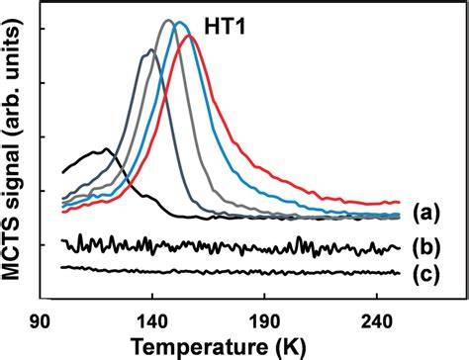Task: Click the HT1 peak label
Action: pyautogui.click(x=225, y=27)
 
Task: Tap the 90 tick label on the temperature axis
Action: pyautogui.click(x=40, y=322)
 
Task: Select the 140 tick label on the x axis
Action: pyautogui.click(x=152, y=322)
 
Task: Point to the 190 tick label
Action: pyautogui.click(x=264, y=322)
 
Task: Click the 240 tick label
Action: pyautogui.click(x=377, y=322)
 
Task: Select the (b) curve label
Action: pyautogui.click(x=426, y=247)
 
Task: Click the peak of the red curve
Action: pyautogui.click(x=189, y=36)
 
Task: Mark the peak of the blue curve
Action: pyautogui.click(x=179, y=23)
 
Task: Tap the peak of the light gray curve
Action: pyautogui.click(x=168, y=21)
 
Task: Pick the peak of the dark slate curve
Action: pyautogui.click(x=151, y=49)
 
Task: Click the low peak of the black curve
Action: pyautogui.click(x=106, y=149)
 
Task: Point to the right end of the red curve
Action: pyautogui.click(x=399, y=202)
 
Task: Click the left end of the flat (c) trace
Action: pyautogui.click(x=62, y=267)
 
